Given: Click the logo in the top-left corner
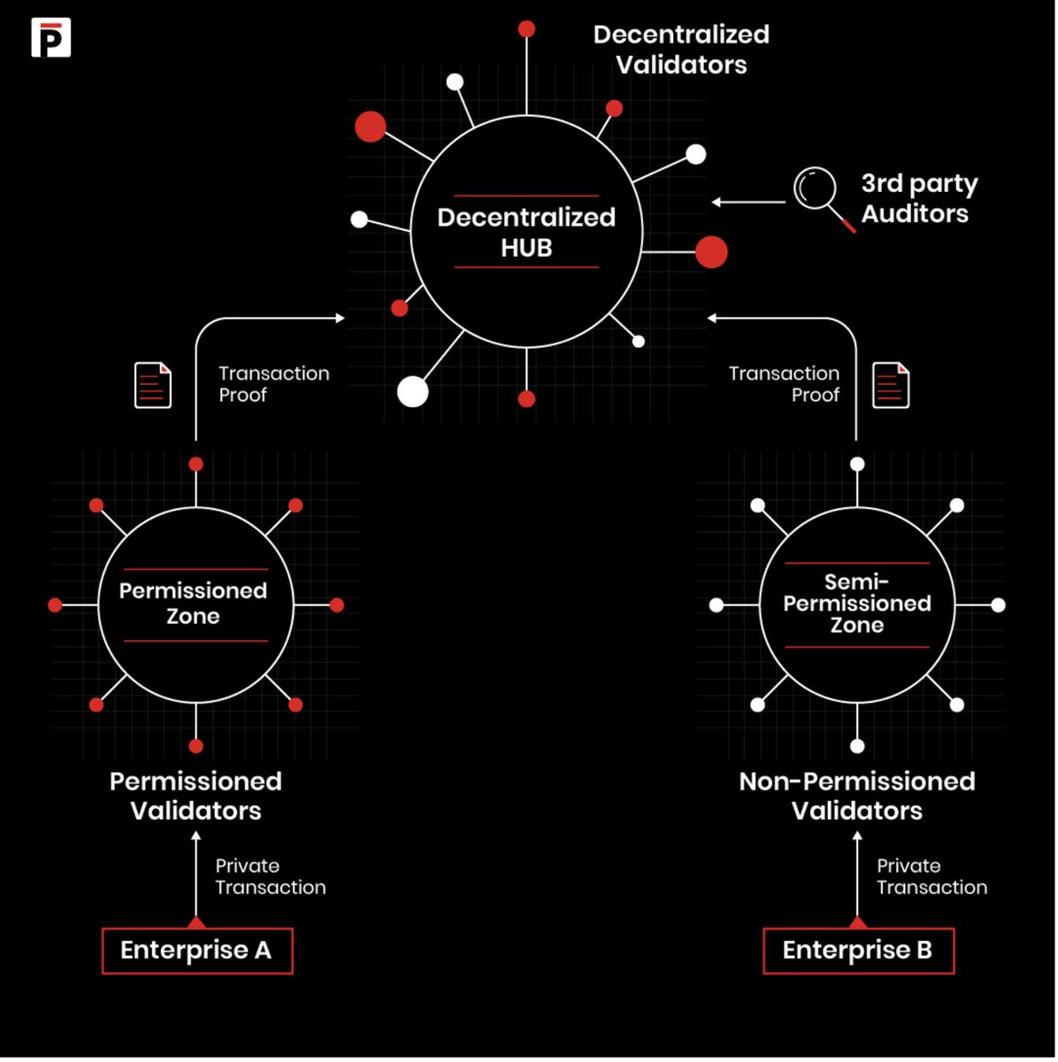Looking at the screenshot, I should (x=50, y=38).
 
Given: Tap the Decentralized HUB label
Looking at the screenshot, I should (x=526, y=232).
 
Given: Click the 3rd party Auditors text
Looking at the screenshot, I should (x=919, y=198).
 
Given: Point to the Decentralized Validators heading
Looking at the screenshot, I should (x=680, y=50).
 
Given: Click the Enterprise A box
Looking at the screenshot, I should (x=196, y=950).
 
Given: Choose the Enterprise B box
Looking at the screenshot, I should (x=858, y=950).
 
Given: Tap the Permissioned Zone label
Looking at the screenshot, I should (x=194, y=604).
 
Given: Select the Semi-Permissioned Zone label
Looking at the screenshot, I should (x=857, y=604).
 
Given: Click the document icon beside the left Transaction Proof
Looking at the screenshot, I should (x=152, y=385).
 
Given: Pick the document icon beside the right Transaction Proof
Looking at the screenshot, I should (x=891, y=385).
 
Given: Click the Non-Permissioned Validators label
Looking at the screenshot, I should (x=857, y=796).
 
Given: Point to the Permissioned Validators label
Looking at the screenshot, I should (x=195, y=796).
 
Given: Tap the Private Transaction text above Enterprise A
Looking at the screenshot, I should (x=270, y=876).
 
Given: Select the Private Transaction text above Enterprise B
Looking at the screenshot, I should (x=931, y=876).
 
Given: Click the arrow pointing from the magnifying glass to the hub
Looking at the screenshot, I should (x=748, y=203).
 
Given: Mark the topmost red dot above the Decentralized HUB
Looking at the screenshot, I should (x=526, y=29).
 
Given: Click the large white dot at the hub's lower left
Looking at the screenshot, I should (x=412, y=391).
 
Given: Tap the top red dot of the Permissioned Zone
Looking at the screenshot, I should (x=195, y=465).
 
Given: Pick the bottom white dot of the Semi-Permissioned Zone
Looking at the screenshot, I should (x=856, y=746).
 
